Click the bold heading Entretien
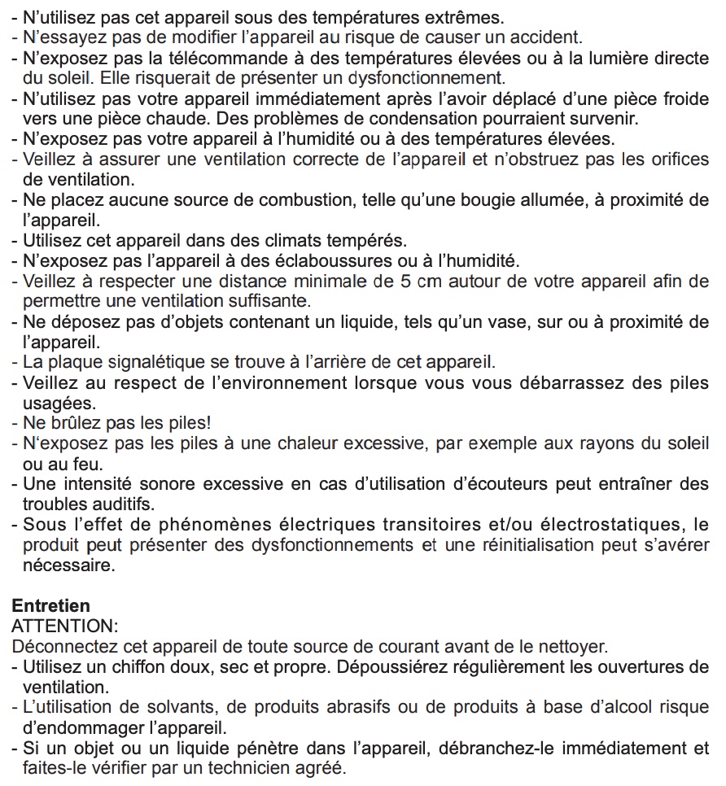point(51,606)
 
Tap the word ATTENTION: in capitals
point(65,627)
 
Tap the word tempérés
point(364,241)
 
